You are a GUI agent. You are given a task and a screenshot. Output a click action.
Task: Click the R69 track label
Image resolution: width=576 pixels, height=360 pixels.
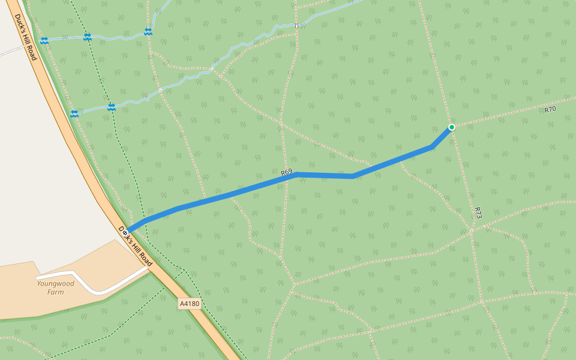[x=286, y=173]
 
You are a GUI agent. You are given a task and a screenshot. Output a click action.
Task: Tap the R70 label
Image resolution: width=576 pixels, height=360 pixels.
[x=550, y=110]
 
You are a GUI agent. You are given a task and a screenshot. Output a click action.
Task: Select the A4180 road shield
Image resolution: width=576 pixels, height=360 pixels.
[x=189, y=304]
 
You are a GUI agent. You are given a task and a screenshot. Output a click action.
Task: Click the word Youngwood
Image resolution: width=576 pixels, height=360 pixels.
[x=55, y=284]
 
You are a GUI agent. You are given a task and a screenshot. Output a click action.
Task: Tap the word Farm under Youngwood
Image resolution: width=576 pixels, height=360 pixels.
[x=55, y=292]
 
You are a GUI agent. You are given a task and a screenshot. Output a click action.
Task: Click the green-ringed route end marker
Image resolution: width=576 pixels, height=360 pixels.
[x=451, y=127]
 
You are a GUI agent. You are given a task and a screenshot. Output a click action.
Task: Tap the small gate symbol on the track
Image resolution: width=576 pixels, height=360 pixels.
[x=296, y=25]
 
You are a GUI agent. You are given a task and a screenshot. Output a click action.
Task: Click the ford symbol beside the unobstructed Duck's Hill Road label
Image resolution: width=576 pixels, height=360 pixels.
[x=44, y=40]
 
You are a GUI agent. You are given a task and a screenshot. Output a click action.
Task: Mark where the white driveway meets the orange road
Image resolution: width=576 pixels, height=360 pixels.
[x=148, y=269]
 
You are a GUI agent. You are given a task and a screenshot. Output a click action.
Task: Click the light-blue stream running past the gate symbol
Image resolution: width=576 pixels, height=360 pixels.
[x=252, y=44]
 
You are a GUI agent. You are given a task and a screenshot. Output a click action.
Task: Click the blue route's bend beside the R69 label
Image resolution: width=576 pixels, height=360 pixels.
[x=296, y=175]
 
